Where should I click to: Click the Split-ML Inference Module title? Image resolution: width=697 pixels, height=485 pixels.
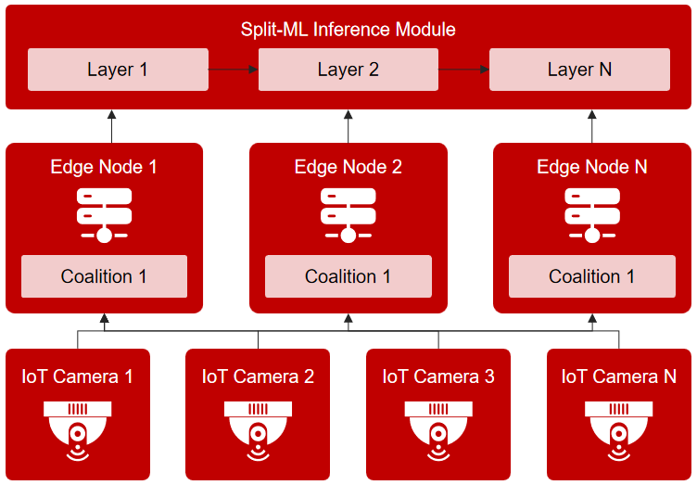[x=348, y=29]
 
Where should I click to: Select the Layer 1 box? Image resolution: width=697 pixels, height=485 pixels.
[x=118, y=70]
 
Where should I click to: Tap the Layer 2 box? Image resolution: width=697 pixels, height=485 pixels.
[x=348, y=70]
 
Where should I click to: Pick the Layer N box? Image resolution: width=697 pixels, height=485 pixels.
[x=579, y=70]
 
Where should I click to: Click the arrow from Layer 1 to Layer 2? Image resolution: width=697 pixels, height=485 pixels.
[x=233, y=70]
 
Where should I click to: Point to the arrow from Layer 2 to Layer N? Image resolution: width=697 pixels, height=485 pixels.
[x=463, y=70]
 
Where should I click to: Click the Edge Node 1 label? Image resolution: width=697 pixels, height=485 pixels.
[x=104, y=167]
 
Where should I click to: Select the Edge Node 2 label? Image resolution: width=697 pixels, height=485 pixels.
[x=348, y=167]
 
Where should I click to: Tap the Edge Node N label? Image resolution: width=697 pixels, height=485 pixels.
[x=592, y=167]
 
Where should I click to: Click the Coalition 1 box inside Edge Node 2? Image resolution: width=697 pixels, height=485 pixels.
[x=348, y=276]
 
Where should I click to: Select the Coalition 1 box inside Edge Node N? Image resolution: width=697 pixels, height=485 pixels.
[x=592, y=276]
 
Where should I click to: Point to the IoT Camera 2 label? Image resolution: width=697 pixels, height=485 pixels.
[x=258, y=377]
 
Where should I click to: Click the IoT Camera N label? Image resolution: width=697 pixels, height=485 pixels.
[x=618, y=377]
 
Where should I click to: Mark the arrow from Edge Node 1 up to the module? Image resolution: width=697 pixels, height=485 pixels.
[x=111, y=126]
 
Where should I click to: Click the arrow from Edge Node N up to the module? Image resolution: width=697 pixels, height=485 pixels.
[x=592, y=126]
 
